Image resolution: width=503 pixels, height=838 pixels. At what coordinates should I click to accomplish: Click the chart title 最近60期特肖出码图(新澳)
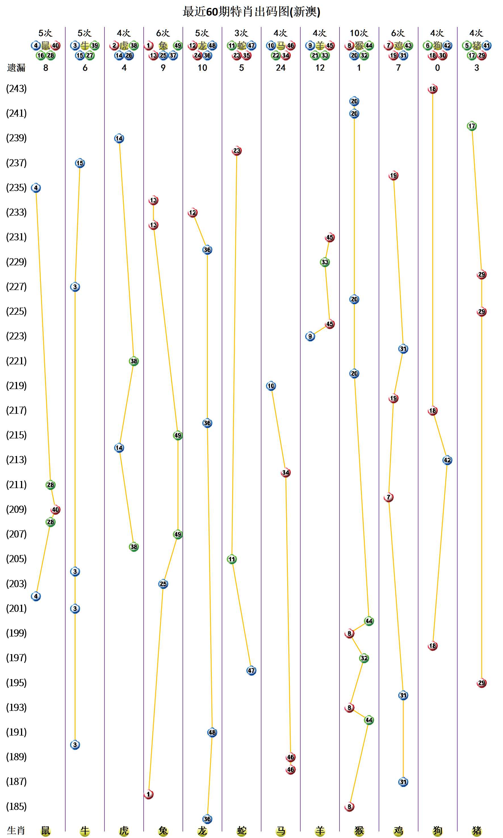[251, 12]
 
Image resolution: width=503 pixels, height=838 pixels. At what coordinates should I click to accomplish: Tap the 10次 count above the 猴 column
[359, 33]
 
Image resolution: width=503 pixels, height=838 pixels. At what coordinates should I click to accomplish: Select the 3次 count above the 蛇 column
[241, 33]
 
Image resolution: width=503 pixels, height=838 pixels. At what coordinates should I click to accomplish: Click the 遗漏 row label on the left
[16, 68]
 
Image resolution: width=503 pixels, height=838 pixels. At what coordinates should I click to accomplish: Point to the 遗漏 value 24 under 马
[281, 68]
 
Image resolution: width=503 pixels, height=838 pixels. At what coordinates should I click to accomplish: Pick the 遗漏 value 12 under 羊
[320, 68]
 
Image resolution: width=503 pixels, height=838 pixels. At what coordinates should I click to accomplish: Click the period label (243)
[16, 89]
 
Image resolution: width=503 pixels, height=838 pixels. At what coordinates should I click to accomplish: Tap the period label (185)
[16, 807]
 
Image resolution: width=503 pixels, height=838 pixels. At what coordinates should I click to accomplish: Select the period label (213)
[16, 460]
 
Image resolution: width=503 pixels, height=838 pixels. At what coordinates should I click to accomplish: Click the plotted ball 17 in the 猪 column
[471, 126]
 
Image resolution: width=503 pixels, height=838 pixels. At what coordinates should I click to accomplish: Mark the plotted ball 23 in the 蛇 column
[236, 151]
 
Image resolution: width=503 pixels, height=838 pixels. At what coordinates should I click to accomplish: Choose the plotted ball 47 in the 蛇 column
[251, 670]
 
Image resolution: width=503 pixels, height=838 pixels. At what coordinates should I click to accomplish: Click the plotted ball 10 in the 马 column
[271, 386]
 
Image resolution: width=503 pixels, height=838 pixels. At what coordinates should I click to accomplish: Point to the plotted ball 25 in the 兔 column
[163, 584]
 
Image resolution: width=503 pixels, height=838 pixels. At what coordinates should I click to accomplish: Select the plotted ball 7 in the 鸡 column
[388, 497]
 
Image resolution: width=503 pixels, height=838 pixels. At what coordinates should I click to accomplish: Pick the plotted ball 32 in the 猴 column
[364, 658]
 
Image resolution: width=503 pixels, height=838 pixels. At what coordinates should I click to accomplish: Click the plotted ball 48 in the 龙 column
[212, 732]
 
